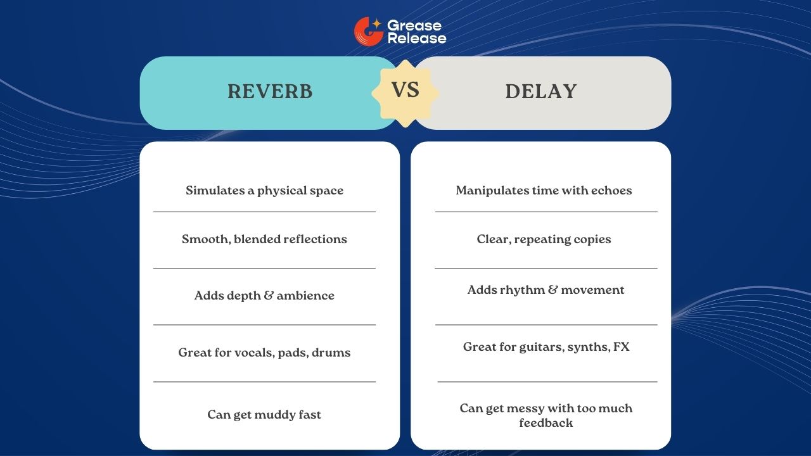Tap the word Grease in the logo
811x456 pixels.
click(x=414, y=26)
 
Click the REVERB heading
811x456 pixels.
click(x=270, y=92)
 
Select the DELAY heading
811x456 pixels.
click(x=541, y=92)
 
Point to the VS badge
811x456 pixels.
click(x=405, y=90)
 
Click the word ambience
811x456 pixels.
click(x=305, y=296)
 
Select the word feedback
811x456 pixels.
click(x=546, y=423)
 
